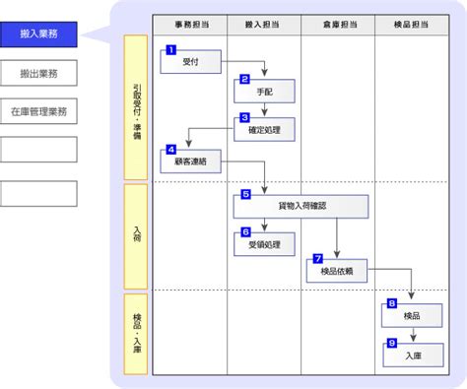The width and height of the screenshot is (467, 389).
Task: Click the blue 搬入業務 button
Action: point(38,34)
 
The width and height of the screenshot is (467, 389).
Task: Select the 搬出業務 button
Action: point(38,73)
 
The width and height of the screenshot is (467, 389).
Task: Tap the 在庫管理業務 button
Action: point(38,111)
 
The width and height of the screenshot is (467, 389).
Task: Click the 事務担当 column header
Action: point(190,25)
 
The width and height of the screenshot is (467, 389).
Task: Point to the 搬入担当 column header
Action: point(264,25)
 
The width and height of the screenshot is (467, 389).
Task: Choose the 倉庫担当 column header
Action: point(338,25)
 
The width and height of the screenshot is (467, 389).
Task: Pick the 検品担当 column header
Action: point(412,25)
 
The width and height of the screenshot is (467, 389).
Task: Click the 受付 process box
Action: point(191,61)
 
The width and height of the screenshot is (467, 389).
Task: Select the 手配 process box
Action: point(264,92)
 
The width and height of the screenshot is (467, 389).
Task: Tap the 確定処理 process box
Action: point(264,130)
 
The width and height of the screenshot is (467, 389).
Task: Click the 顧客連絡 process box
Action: point(191,162)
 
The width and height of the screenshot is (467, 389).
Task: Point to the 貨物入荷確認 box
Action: point(300,207)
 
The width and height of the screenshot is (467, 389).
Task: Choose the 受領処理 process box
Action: point(264,244)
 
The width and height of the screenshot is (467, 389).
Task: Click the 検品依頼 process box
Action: point(337,271)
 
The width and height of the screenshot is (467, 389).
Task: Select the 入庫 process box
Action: point(413,356)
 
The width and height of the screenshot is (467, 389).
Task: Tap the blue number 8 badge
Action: point(392,303)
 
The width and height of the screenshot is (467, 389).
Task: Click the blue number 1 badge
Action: point(171,50)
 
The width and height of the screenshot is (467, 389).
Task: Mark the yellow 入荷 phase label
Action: point(136,236)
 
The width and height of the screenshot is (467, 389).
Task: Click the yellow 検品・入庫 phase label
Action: point(136,334)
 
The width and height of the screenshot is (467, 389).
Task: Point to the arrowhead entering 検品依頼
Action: point(337,255)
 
